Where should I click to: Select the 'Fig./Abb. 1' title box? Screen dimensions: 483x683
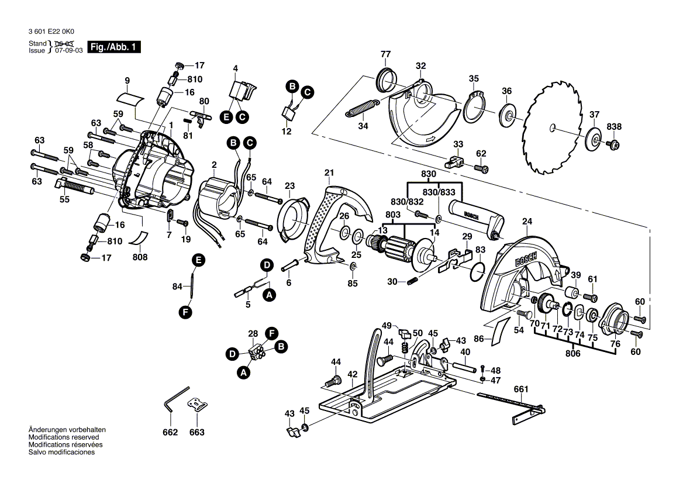click(x=113, y=47)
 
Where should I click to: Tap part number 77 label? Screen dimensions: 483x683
click(x=385, y=55)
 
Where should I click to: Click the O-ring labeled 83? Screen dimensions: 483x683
click(x=477, y=270)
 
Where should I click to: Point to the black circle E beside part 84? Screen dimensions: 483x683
click(x=198, y=261)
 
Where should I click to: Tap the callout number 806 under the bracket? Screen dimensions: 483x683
click(x=572, y=353)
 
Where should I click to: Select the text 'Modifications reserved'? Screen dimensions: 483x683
click(x=64, y=437)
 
